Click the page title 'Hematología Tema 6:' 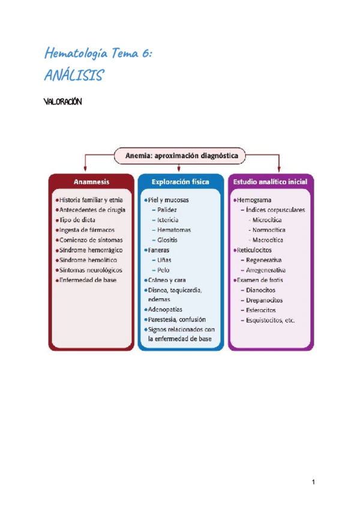[x=99, y=54]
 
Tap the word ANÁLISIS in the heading [x=75, y=76]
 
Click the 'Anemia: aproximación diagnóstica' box [x=181, y=155]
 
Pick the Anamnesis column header [x=91, y=181]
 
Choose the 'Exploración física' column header [x=181, y=181]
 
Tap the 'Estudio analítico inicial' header [x=270, y=181]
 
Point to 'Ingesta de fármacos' [x=87, y=230]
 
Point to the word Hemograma [x=254, y=200]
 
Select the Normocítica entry [x=269, y=230]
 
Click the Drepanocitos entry [x=265, y=300]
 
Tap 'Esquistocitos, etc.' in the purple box [x=271, y=320]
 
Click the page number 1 [x=313, y=482]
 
